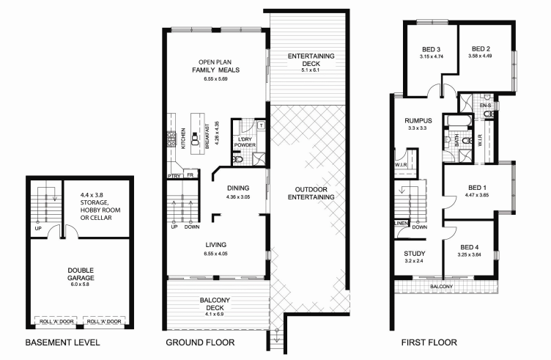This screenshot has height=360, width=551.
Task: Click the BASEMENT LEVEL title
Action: click(62, 342)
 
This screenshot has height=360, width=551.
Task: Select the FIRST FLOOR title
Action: click(429, 342)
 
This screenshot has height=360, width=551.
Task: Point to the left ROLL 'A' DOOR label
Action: click(55, 320)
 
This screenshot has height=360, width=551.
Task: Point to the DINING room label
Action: click(239, 188)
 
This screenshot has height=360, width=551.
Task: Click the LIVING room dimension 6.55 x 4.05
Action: click(218, 253)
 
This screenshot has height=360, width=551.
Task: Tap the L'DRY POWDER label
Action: click(245, 142)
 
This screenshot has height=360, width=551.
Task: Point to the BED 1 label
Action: click(477, 187)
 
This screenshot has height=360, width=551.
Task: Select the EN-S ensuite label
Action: click(485, 106)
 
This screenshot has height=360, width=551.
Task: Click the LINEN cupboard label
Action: click(401, 223)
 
